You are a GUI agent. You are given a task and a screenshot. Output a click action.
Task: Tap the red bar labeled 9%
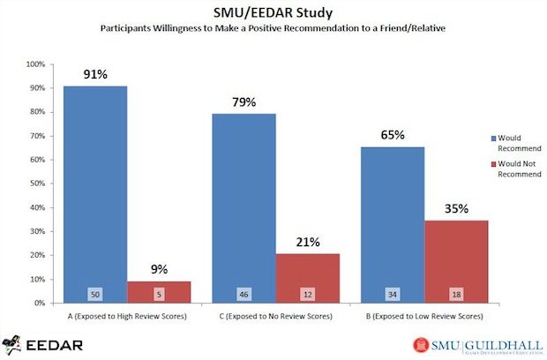click(159, 291)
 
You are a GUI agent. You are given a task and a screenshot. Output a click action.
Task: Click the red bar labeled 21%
click(307, 277)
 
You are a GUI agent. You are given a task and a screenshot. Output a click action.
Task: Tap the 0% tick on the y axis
click(39, 303)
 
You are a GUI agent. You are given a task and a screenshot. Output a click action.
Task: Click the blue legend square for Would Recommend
click(494, 138)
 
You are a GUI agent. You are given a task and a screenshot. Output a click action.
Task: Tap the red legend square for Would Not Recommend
click(494, 164)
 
